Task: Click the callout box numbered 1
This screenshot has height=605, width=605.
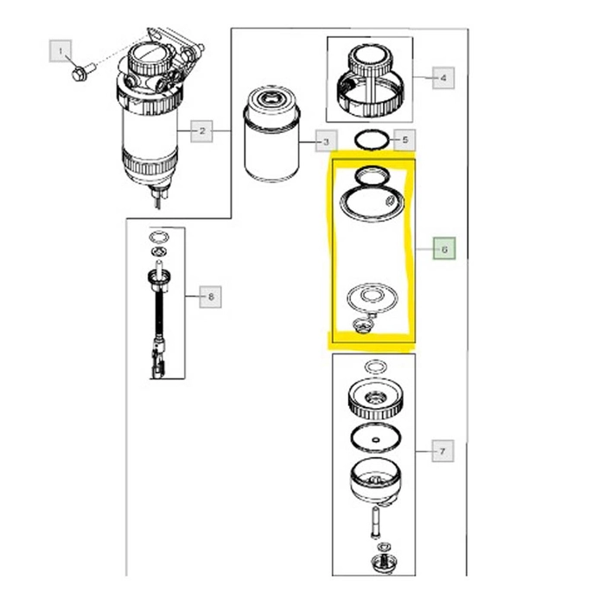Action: [60, 51]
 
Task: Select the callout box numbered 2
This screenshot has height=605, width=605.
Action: [201, 131]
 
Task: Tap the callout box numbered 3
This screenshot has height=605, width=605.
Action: [327, 141]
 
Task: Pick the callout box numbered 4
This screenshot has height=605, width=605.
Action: [443, 78]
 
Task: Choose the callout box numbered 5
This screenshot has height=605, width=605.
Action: [404, 140]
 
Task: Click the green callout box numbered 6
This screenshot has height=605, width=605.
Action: [444, 249]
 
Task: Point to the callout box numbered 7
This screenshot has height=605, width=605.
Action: [443, 450]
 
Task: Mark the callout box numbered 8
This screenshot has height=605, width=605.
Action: [210, 296]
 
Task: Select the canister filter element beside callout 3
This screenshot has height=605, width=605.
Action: [271, 134]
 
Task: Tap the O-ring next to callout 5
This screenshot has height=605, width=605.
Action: [372, 140]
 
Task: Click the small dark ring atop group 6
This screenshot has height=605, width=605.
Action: [372, 175]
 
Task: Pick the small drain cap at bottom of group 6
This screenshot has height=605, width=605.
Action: [364, 326]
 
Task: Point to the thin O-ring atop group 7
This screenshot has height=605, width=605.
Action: [376, 366]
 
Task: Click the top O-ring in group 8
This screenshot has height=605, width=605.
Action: [158, 237]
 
